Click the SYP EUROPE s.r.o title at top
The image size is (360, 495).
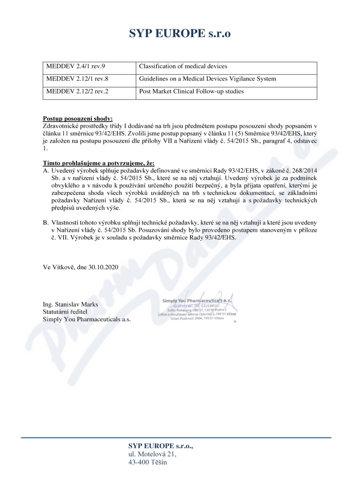click(x=180, y=34)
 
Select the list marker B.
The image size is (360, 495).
click(x=45, y=222)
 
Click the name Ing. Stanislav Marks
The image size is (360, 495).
click(x=71, y=304)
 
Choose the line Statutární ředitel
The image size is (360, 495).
click(x=65, y=311)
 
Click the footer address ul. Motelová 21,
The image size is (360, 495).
click(x=153, y=454)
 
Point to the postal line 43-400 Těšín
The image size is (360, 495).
click(x=148, y=462)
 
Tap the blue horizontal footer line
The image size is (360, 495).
click(x=180, y=437)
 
